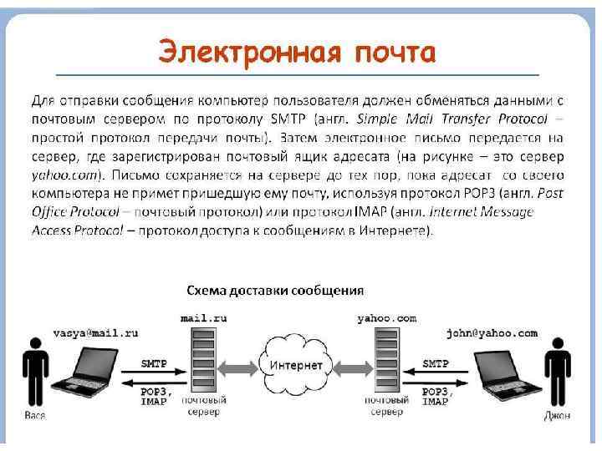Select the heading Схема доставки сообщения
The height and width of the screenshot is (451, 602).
274,291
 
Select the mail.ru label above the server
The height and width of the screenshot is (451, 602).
203,318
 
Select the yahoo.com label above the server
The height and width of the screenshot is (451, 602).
386,318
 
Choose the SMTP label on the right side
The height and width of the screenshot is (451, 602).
436,363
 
